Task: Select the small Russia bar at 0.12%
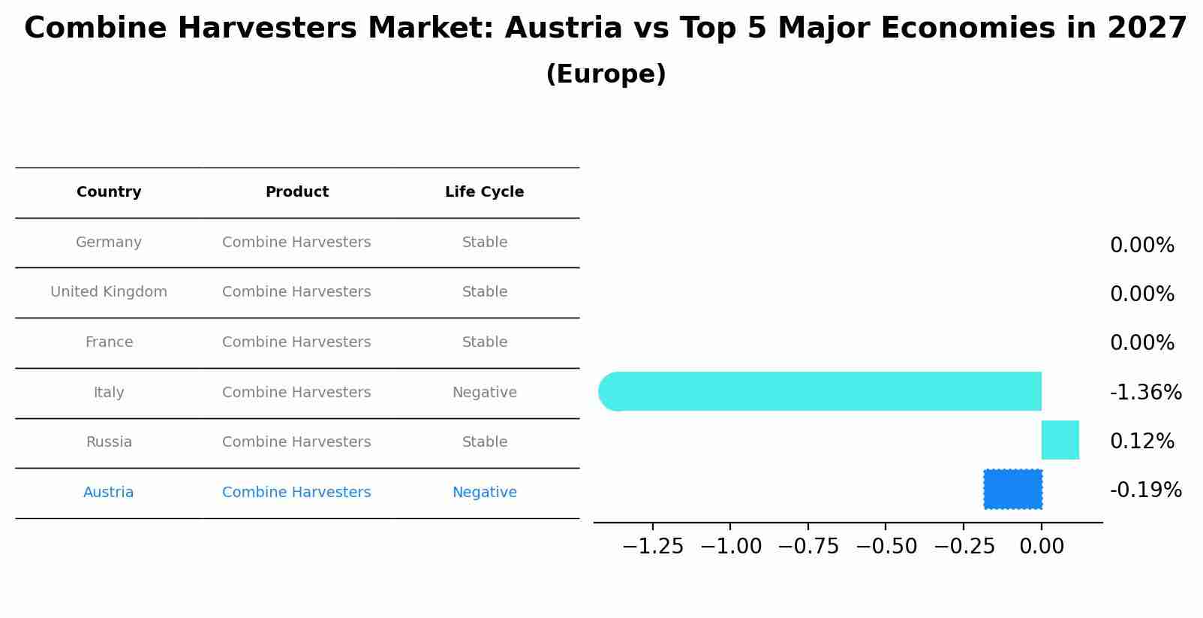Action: (x=1060, y=440)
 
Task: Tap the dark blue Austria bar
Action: (x=1012, y=489)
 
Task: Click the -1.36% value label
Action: (x=1145, y=393)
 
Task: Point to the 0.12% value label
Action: (x=1141, y=442)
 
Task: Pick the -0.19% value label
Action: (x=1145, y=490)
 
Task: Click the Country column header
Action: (x=109, y=192)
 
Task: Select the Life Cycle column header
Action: (x=484, y=192)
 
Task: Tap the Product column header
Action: (x=296, y=192)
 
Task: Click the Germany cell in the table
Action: (x=109, y=243)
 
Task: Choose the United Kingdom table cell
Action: (x=109, y=292)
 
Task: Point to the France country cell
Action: (x=109, y=342)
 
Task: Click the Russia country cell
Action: (x=109, y=442)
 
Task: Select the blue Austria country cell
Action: (x=109, y=493)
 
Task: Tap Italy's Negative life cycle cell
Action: (x=484, y=393)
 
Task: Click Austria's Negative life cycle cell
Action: (x=484, y=493)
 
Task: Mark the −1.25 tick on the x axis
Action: (x=653, y=547)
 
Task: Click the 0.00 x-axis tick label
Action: (x=1041, y=547)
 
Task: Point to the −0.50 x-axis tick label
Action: (x=886, y=547)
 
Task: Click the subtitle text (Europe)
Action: (x=606, y=74)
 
